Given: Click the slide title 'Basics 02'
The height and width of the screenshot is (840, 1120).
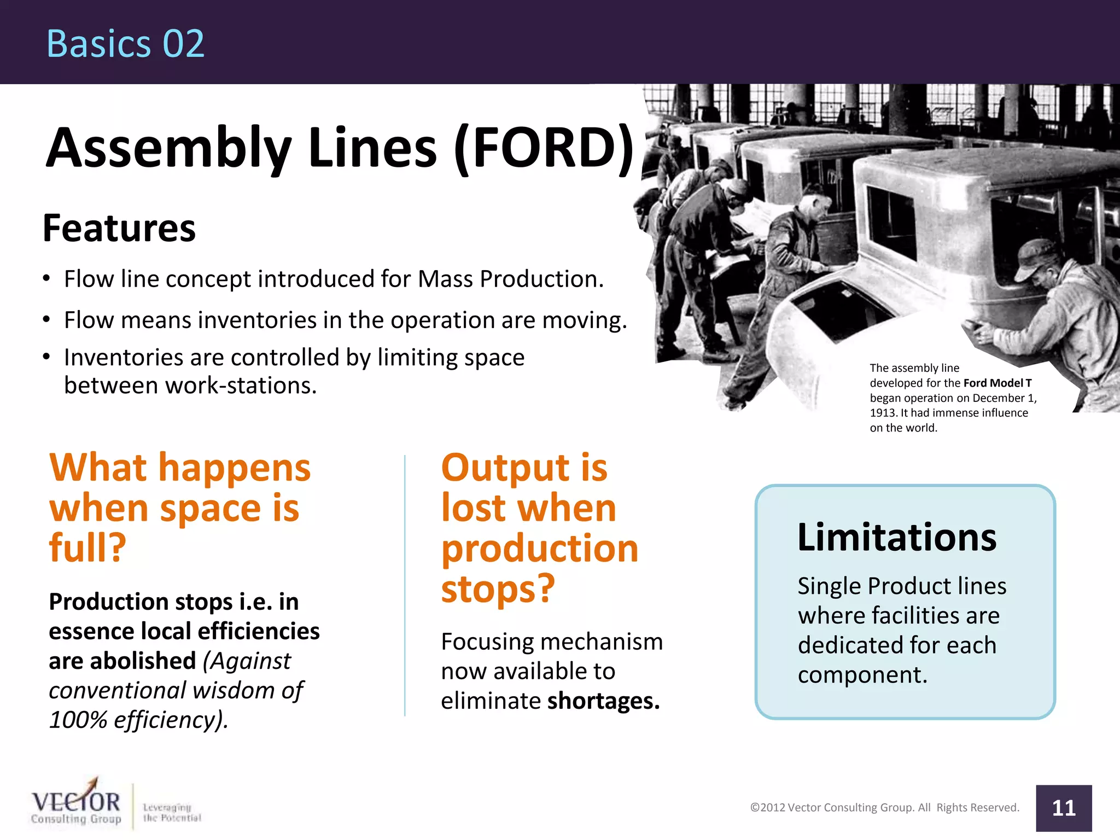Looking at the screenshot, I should (125, 44).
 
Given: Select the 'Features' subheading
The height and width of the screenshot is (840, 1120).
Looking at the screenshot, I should (119, 228).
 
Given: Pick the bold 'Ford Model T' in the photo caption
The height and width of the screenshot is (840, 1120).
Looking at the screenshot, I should (997, 383).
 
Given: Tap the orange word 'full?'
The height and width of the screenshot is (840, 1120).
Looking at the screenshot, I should (87, 547).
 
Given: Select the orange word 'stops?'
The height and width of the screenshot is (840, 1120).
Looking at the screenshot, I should (498, 589).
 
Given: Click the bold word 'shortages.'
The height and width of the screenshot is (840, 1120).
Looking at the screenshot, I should (604, 701).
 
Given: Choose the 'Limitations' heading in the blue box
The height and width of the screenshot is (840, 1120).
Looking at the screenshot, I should (897, 537).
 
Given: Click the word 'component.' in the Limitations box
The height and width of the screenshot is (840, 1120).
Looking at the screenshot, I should (862, 675).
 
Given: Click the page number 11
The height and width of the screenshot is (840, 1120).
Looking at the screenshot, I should (1064, 808).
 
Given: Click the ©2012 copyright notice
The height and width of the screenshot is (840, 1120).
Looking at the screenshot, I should (884, 808).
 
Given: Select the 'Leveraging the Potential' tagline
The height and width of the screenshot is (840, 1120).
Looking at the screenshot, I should (171, 813).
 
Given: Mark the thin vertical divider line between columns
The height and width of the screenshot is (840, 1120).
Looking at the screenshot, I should (405, 585).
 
